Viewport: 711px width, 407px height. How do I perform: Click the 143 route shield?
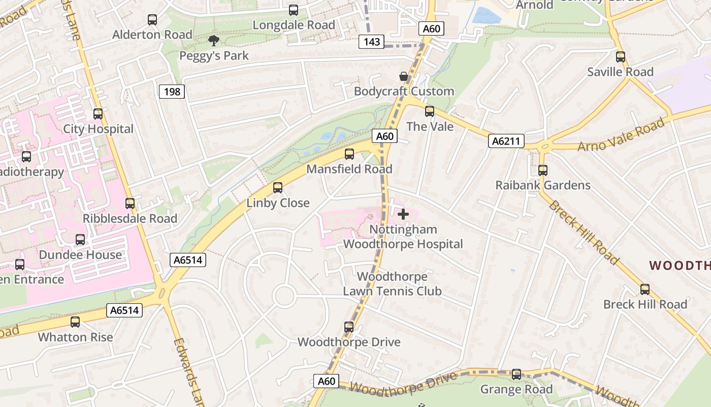(x=372, y=42)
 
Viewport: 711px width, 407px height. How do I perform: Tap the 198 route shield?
(x=172, y=92)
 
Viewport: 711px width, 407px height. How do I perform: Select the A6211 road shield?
(x=506, y=141)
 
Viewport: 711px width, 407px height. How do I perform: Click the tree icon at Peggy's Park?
(x=214, y=41)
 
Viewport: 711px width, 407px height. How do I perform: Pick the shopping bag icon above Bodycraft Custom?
(x=404, y=77)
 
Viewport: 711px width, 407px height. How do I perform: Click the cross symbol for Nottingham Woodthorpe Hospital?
(x=403, y=214)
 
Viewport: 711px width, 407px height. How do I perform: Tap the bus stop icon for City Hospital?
(x=98, y=114)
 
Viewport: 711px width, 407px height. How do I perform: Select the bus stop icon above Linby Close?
(x=278, y=188)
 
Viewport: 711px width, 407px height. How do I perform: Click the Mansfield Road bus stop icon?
(x=349, y=154)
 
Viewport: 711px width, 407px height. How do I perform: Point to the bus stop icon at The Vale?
(x=430, y=111)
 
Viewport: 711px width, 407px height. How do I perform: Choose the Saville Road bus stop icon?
(x=621, y=57)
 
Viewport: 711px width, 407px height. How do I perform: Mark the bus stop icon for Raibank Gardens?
(x=543, y=170)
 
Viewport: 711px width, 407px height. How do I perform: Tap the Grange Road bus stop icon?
(x=516, y=374)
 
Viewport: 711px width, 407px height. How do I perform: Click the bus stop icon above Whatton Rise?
(x=75, y=322)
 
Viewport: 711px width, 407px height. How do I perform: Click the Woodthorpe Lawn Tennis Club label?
(x=392, y=284)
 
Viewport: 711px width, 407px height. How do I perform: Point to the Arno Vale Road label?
(x=621, y=134)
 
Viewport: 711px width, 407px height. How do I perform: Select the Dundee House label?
(x=80, y=255)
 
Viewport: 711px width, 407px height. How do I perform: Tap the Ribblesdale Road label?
(x=130, y=219)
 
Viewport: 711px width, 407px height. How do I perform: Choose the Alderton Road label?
(x=152, y=35)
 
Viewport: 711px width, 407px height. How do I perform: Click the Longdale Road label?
(x=294, y=25)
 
